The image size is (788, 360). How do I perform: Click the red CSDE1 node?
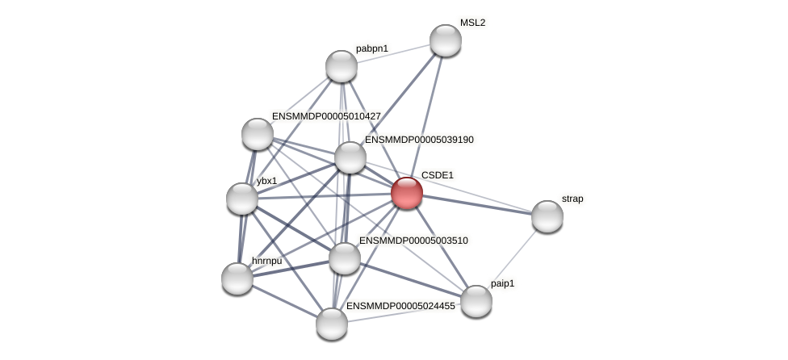click(407, 193)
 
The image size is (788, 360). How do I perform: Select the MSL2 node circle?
click(445, 40)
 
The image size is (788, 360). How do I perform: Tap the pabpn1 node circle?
click(342, 66)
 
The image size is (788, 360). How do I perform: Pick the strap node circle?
click(547, 216)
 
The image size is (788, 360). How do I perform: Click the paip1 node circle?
click(476, 301)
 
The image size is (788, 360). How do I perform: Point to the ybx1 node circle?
click(242, 199)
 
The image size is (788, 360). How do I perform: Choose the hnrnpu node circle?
click(237, 278)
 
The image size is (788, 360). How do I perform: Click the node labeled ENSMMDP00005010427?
click(258, 134)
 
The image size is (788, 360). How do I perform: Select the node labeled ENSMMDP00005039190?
click(350, 157)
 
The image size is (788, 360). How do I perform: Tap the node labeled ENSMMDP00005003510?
click(345, 258)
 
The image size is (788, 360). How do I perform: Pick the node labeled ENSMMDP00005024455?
click(332, 324)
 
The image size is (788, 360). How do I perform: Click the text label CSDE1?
click(438, 175)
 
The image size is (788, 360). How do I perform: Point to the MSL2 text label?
click(472, 23)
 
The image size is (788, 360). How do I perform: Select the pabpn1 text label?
click(372, 48)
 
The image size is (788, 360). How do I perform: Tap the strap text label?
click(572, 199)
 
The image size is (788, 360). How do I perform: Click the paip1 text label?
click(502, 283)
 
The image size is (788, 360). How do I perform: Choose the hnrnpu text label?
click(267, 261)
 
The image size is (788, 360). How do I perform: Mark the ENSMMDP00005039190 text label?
click(419, 140)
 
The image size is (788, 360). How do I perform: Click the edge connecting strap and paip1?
click(512, 258)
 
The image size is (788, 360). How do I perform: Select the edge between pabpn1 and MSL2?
click(393, 53)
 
